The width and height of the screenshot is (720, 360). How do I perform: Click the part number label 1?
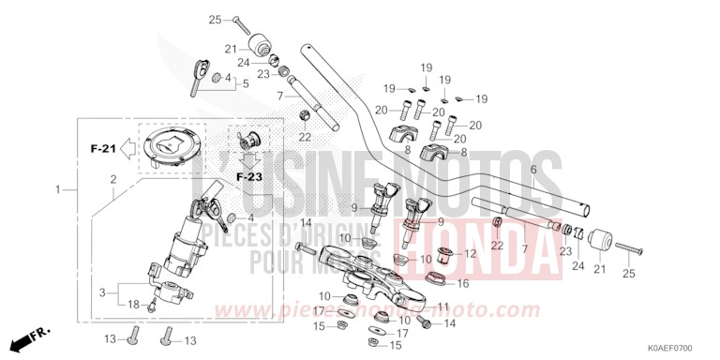tap(58, 190)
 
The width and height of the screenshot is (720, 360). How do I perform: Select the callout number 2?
tap(112, 178)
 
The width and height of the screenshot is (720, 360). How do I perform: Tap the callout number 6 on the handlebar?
tap(532, 169)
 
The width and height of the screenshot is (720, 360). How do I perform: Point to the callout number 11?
tap(443, 307)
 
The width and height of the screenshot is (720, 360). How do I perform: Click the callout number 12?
tap(470, 253)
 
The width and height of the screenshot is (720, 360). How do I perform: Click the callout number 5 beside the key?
tap(245, 83)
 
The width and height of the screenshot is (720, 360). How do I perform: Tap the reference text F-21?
tap(102, 148)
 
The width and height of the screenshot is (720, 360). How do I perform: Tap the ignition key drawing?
tap(198, 74)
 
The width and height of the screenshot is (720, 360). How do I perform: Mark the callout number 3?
tap(101, 292)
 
